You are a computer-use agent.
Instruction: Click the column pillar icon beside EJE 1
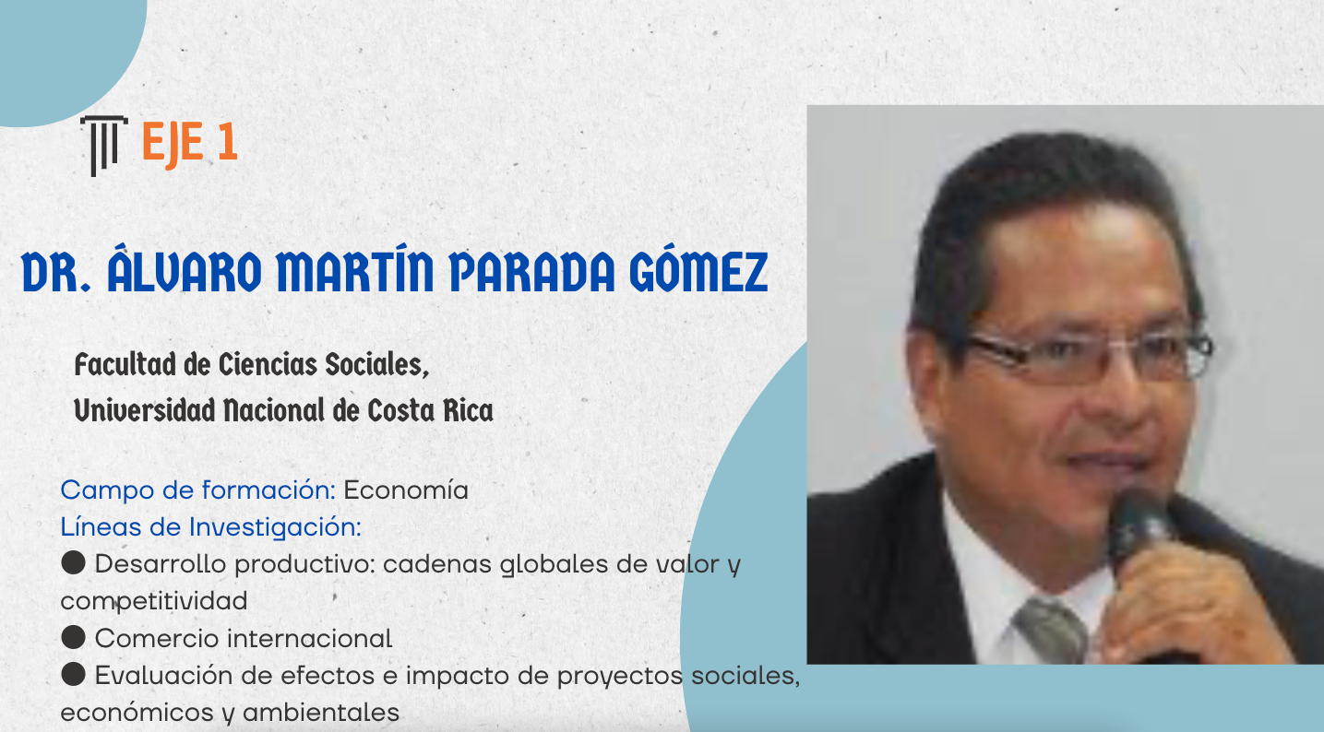[x=104, y=146]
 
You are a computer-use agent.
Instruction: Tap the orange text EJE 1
[x=190, y=142]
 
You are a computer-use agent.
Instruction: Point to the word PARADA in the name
[x=532, y=271]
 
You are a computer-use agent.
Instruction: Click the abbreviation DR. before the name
[x=56, y=272]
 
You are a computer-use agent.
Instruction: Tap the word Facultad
[x=125, y=364]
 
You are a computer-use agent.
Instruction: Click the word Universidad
[x=145, y=410]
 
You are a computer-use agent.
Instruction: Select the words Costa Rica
[x=430, y=410]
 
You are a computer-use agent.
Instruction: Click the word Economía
[x=406, y=490]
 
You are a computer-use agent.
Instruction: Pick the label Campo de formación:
[x=198, y=490]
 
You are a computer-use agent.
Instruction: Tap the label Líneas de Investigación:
[x=211, y=527]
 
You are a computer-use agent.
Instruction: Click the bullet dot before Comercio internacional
[x=73, y=637]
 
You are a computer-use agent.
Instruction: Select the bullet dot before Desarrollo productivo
[x=73, y=563]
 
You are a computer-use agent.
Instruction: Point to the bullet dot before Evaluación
[x=73, y=675]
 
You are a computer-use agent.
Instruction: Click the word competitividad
[x=154, y=601]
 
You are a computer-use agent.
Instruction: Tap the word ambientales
[x=321, y=713]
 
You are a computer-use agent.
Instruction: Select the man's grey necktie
[x=1051, y=630]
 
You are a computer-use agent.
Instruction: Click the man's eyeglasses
[x=1088, y=355]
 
